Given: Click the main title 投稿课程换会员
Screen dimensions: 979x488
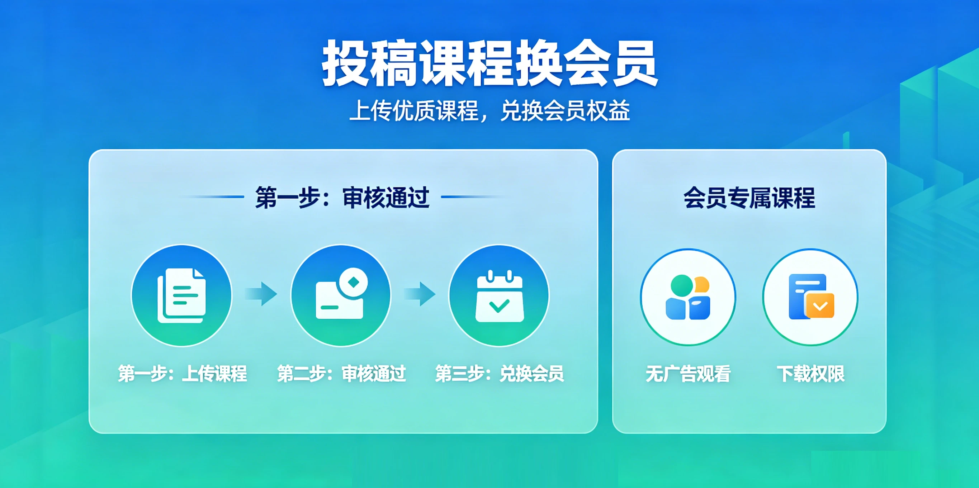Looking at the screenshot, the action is (490, 63).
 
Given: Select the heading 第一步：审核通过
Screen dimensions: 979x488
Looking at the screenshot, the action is (342, 197).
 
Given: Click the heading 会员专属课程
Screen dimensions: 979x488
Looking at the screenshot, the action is (749, 198).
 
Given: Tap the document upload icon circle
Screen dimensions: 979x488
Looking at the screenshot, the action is (182, 295).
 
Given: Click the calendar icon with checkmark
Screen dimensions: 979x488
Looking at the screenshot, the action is (500, 296).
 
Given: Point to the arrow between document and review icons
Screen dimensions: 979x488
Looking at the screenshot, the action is (261, 294).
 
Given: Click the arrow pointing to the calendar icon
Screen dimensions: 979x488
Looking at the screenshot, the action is (420, 294).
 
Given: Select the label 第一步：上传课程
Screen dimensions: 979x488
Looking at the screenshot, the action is (182, 373).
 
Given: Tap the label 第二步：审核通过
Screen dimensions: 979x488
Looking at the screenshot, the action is (341, 373).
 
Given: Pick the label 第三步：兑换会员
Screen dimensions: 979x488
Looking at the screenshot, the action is (500, 373).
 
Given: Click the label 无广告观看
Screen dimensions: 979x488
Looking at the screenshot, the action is (688, 374).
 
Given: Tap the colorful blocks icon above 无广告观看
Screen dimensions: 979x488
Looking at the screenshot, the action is (688, 297).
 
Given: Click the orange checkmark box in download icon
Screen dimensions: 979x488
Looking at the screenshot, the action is (820, 305).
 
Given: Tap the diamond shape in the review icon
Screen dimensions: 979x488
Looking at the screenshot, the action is (354, 282).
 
